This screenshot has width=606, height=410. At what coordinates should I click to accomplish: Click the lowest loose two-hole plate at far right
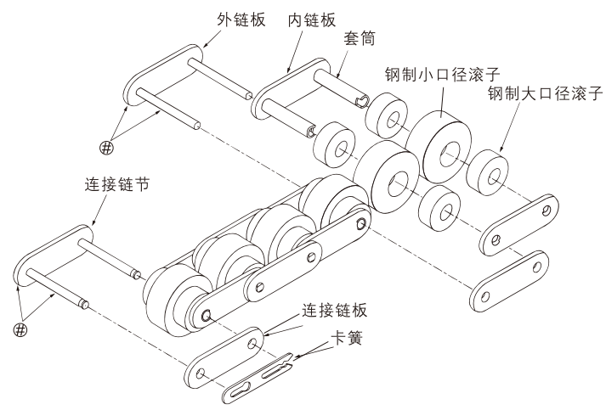[x=507, y=280]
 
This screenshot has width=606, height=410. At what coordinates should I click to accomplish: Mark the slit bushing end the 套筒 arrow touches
[x=363, y=102]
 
